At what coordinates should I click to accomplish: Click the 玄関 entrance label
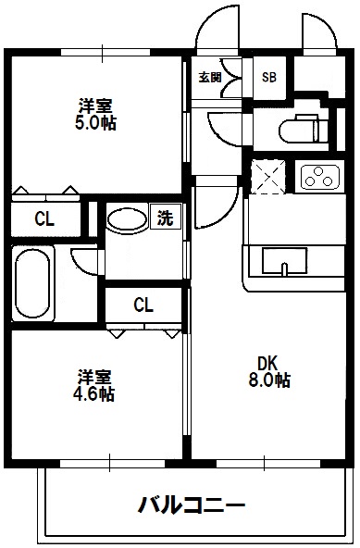(209, 78)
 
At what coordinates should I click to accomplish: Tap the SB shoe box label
(269, 77)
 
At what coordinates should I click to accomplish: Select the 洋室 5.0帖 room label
(96, 113)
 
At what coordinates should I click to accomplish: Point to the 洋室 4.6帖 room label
(95, 385)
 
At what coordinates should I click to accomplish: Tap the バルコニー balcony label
(192, 505)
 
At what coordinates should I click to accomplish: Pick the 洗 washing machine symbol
(165, 219)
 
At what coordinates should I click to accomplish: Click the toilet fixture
(303, 129)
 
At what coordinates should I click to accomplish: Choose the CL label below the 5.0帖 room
(43, 219)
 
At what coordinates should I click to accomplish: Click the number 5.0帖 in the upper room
(97, 122)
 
